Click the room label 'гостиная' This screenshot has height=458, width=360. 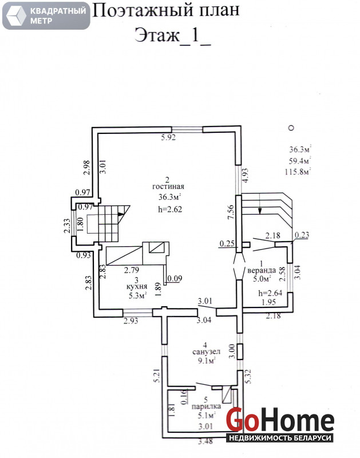[168, 187]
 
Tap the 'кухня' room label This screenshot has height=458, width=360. [137, 287]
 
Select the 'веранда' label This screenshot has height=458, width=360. [262, 270]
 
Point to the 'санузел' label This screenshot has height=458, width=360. [206, 352]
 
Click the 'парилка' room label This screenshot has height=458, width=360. [206, 406]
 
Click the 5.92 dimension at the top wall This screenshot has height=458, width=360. [168, 137]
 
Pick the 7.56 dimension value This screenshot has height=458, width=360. [231, 212]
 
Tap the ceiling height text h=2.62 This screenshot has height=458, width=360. [170, 209]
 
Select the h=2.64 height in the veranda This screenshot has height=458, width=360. [270, 293]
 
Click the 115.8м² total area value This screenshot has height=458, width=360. [298, 171]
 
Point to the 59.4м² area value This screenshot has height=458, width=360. [299, 161]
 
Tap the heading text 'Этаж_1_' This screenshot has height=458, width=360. [172, 35]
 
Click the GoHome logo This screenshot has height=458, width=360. [280, 424]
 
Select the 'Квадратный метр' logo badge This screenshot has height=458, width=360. [46, 15]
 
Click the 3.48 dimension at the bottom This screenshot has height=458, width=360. [205, 441]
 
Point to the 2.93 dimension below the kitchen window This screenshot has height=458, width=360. [131, 321]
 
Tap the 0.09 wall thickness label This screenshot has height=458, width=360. [175, 278]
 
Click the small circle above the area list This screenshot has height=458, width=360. [291, 128]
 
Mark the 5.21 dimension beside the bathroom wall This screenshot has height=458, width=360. [157, 376]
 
